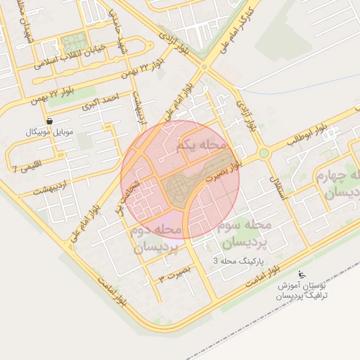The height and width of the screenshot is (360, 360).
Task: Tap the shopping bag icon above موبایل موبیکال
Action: pyautogui.click(x=49, y=121)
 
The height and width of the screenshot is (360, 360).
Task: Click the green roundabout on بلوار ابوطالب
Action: pyautogui.click(x=264, y=153)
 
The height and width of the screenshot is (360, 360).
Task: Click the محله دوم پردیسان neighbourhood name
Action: pyautogui.click(x=157, y=239)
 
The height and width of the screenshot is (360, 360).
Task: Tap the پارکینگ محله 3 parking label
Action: pyautogui.click(x=241, y=261)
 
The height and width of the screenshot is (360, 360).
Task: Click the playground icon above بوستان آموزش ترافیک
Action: pyautogui.click(x=302, y=274)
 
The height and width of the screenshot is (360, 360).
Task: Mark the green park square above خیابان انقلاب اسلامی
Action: pyautogui.click(x=71, y=42)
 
